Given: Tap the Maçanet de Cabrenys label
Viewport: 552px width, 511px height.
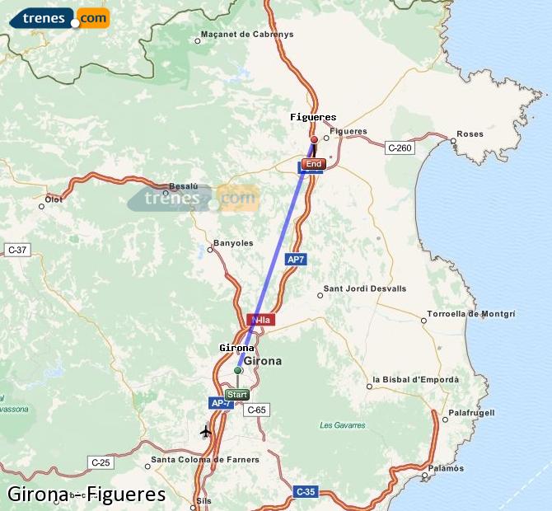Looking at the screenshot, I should (x=247, y=35).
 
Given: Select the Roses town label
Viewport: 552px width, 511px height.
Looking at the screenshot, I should (x=470, y=134).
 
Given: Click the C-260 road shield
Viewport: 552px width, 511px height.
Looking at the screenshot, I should (x=399, y=148).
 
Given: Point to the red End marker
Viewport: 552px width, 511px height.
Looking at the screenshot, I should (x=313, y=164).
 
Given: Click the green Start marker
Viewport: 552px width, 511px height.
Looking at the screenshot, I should (x=236, y=394).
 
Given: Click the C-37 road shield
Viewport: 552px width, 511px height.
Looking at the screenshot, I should (x=17, y=249).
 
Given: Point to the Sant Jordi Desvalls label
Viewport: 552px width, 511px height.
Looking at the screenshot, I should (x=364, y=288).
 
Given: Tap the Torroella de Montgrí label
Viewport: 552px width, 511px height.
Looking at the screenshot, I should (x=471, y=314).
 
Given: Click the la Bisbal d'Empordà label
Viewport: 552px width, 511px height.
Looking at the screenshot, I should (x=415, y=380).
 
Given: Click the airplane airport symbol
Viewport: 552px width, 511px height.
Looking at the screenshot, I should (x=206, y=431).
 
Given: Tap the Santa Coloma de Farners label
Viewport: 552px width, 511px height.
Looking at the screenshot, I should (x=205, y=459).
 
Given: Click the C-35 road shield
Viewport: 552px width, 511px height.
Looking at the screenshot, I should (x=305, y=492).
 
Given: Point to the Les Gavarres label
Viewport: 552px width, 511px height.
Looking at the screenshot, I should (x=338, y=425).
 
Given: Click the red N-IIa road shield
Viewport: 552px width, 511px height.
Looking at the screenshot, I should (x=260, y=319).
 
